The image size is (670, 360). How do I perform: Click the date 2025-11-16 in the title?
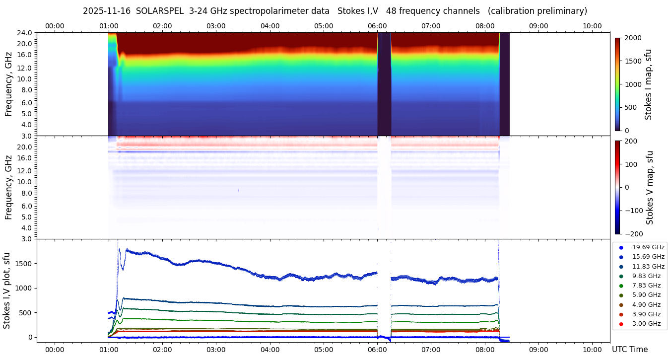pos(107,11)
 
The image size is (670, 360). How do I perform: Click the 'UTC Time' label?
pos(630,350)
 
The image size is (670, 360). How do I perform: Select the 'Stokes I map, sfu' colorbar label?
pos(648,84)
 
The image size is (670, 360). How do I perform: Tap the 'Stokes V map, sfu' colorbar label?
pos(650,188)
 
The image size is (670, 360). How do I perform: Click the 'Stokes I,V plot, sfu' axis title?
pos(7,290)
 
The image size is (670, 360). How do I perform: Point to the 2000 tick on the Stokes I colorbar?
pos(632,38)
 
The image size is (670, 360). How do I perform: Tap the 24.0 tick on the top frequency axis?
pos(25,33)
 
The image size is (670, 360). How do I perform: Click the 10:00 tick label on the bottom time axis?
pos(592,350)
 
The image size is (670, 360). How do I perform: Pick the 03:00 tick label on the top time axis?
pos(216,26)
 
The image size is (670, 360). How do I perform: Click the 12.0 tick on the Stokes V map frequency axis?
pos(25,171)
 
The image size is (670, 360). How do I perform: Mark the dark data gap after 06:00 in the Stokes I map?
pos(384,84)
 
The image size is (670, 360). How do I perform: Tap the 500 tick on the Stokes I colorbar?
pos(630,108)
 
